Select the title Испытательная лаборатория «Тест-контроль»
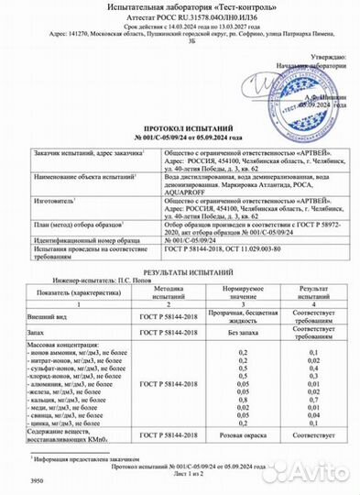click(x=180, y=7)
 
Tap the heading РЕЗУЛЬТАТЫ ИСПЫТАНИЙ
click(x=180, y=273)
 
